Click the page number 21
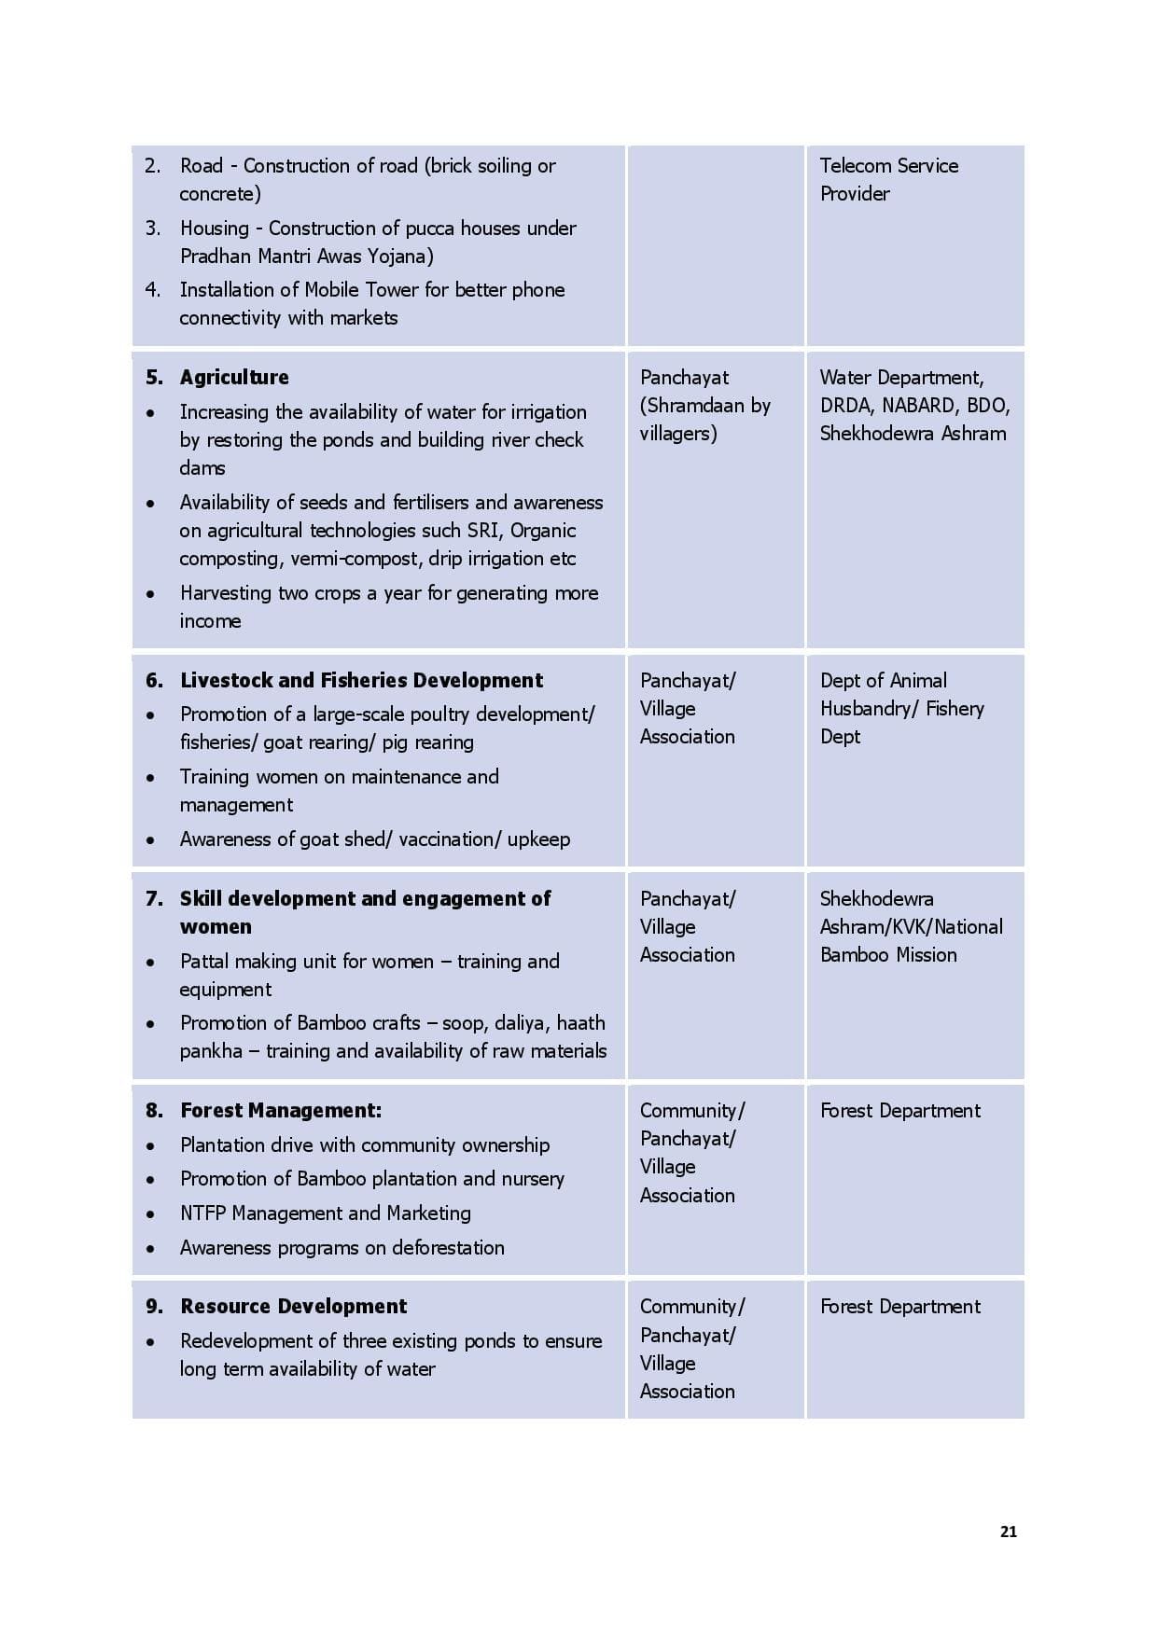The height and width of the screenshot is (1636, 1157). coord(1008,1532)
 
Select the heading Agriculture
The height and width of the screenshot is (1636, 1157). coord(234,378)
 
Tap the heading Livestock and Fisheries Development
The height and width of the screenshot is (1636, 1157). coord(361,681)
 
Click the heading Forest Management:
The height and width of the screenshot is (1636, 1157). coord(281,1111)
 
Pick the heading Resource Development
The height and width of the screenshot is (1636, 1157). coord(294,1307)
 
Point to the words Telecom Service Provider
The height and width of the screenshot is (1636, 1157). coord(888,180)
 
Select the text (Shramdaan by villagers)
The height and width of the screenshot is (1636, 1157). coord(704,420)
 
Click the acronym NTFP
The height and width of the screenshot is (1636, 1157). coord(203,1213)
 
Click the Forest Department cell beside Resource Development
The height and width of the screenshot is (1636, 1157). coord(899,1307)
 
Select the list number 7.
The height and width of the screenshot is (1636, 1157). coord(153,899)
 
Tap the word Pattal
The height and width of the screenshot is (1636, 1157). coord(203,962)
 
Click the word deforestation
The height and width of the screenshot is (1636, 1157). coord(448,1248)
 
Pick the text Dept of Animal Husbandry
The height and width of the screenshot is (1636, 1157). coord(900,695)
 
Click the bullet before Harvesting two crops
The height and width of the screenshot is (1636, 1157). coord(150,594)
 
